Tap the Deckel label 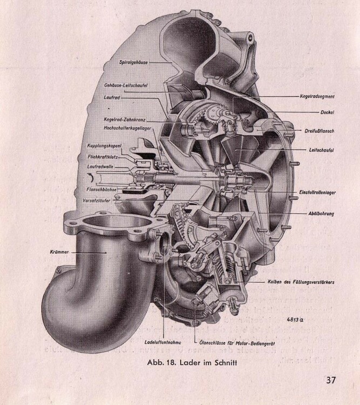click(326, 113)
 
